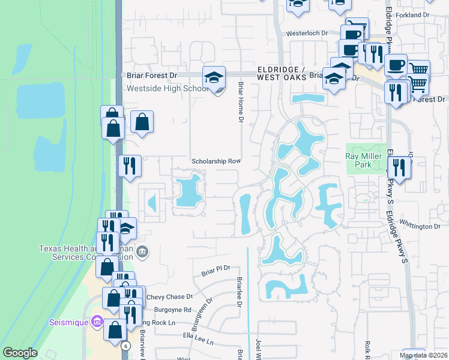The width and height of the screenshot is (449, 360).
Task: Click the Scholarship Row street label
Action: point(216,161)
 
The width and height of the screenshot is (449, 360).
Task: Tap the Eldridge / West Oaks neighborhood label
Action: point(282,73)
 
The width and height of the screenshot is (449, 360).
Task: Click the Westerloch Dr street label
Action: point(307,34)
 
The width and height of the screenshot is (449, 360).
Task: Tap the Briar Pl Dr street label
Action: point(216,272)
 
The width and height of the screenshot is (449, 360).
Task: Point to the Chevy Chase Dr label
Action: point(169,297)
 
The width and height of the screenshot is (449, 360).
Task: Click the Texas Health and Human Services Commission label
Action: point(84,253)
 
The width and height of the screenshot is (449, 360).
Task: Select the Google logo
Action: point(20,353)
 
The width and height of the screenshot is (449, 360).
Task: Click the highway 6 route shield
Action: point(125,346)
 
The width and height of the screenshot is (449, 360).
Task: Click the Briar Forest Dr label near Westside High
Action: point(152,76)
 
